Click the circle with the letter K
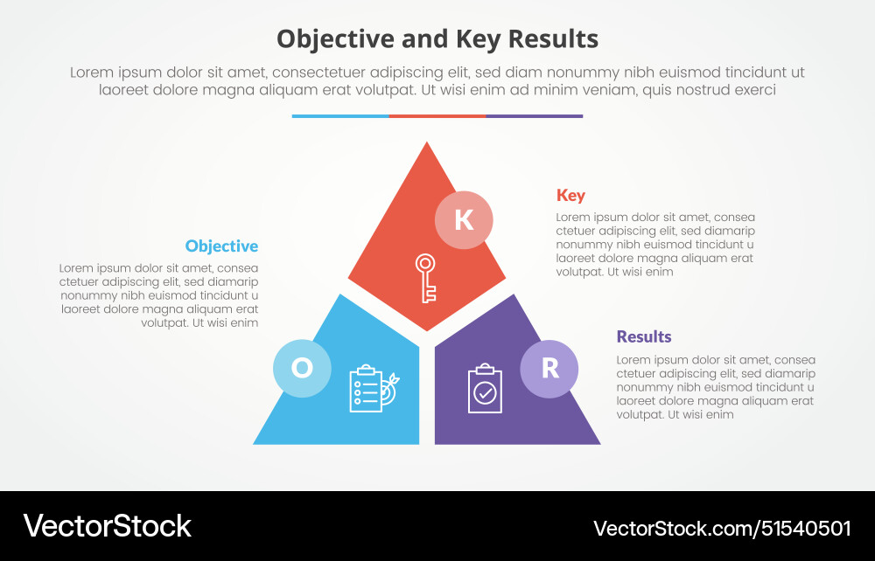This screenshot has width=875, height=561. point(464,219)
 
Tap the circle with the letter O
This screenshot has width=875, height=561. point(301,368)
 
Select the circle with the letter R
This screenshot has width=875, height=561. point(549,369)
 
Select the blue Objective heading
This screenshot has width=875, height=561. point(221,246)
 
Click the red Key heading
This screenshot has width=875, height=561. point(570,196)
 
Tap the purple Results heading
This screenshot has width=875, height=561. point(644,337)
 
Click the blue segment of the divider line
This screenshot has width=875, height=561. point(340,115)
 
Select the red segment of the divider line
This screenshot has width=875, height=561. point(437,115)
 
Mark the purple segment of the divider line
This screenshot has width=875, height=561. point(535,115)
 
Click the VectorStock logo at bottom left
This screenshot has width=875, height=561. point(107,526)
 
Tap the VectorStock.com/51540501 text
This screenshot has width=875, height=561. point(722,528)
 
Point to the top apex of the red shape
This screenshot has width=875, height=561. point(427,145)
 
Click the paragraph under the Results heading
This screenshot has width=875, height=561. point(716,387)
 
